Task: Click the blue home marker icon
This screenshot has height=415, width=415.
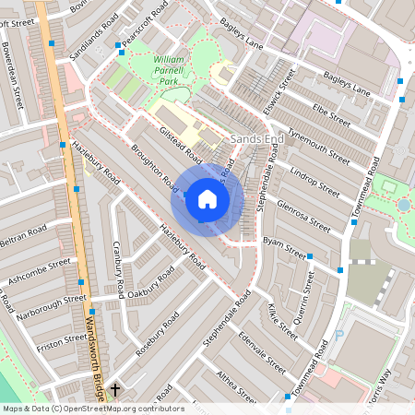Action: coord(207,198)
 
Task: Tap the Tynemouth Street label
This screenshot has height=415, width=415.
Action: coord(319,146)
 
